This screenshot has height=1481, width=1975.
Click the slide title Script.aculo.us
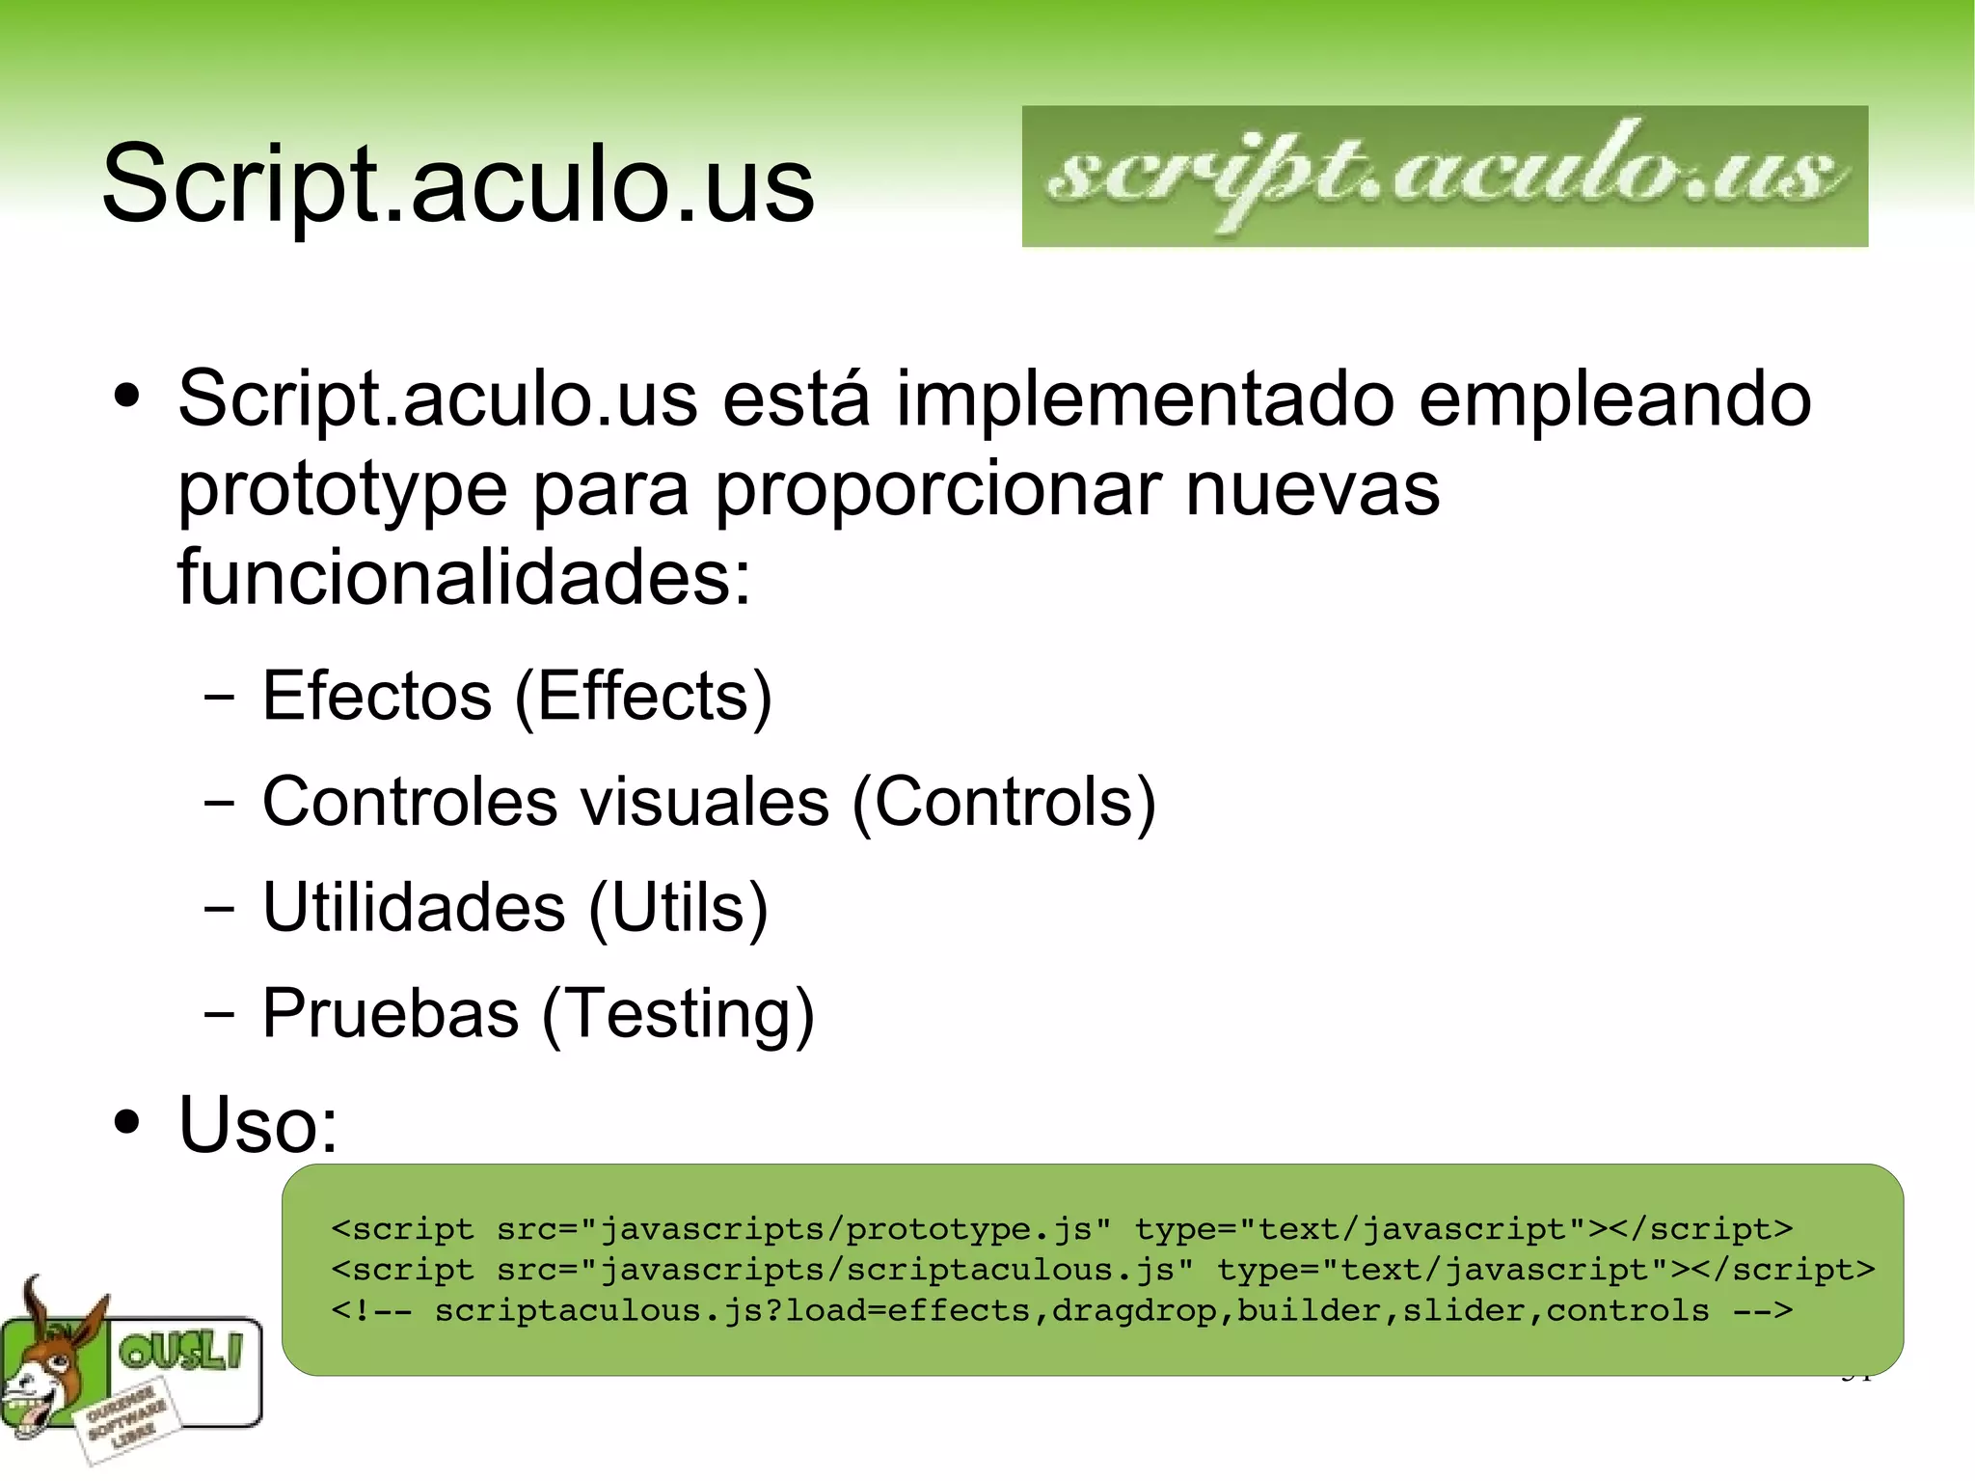458,183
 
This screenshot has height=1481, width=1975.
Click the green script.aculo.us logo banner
1444,177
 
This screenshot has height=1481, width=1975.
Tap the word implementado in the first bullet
1145,398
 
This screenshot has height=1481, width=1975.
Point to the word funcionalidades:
464,577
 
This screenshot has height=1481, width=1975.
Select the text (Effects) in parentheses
643,696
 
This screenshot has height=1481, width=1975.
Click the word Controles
410,802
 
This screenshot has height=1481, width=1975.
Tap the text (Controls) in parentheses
1003,802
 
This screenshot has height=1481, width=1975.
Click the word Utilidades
414,907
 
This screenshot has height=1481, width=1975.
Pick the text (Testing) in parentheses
678,1013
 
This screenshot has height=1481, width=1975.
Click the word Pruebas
391,1013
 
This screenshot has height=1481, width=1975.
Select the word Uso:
258,1124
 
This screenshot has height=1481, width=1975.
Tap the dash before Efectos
219,697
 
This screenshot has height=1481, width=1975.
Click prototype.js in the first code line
968,1229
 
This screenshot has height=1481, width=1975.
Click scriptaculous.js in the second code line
1010,1270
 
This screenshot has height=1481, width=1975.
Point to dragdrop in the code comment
1134,1311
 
